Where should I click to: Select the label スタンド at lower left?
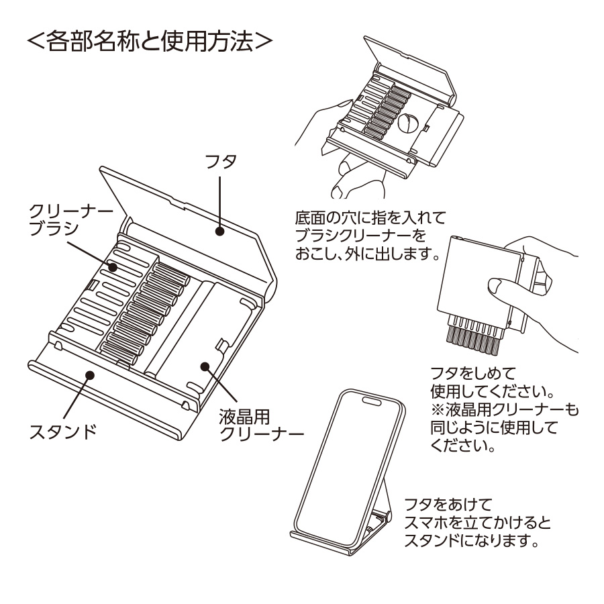(x=62, y=430)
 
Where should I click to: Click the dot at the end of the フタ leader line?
(x=219, y=232)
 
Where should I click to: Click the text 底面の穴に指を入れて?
(x=370, y=218)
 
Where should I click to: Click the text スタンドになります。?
(x=472, y=541)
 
